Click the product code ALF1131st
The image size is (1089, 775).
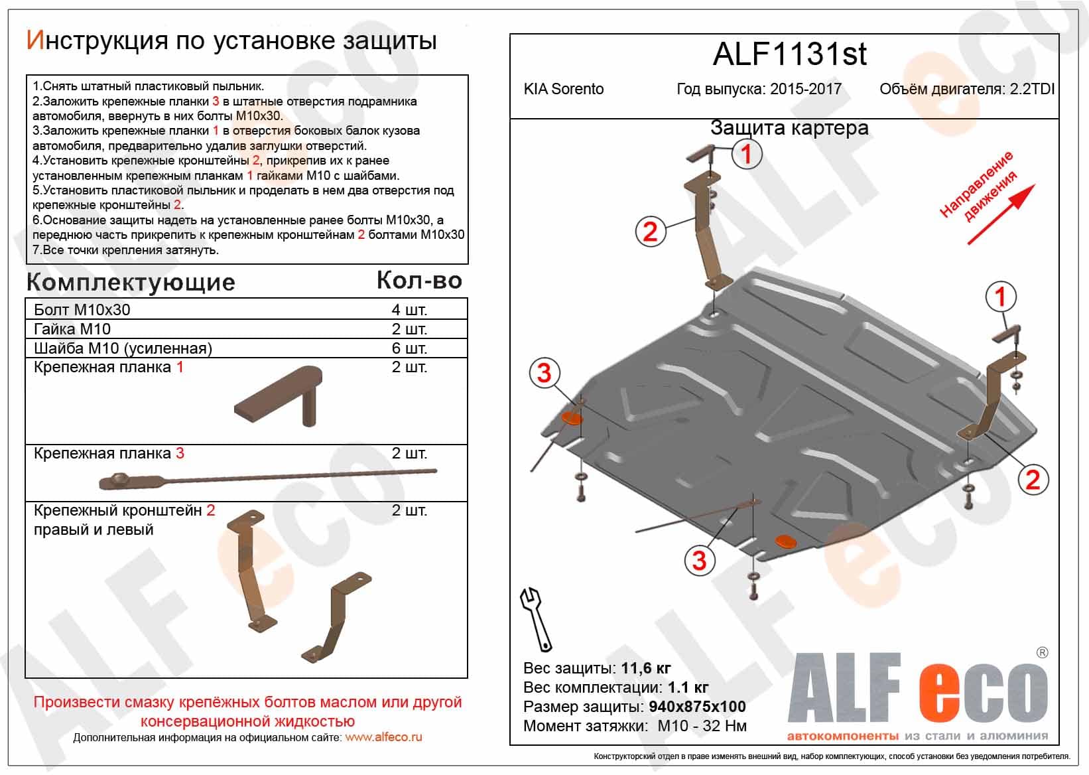coord(789,54)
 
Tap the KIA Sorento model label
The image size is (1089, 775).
coord(564,89)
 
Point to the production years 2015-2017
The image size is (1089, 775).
coord(805,89)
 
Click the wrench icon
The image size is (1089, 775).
coord(535,619)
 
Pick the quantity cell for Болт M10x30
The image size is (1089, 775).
coord(409,310)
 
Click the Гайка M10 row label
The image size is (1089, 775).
coord(72,329)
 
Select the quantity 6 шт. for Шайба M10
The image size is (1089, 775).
coord(409,348)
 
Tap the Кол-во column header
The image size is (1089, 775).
coord(419,281)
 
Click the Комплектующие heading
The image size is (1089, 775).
coord(131,283)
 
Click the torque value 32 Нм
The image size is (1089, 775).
coord(724,726)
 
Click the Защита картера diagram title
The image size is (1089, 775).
coord(789,128)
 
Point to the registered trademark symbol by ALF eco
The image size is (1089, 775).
coord(1042,653)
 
